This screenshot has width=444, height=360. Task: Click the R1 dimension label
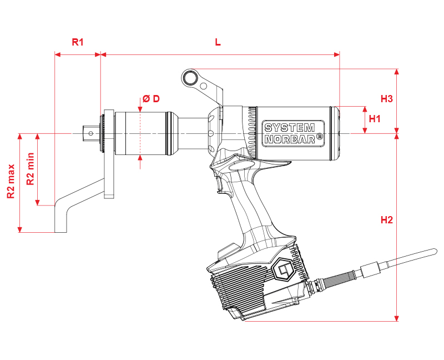(x=78, y=42)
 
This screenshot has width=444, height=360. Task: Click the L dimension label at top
(x=218, y=42)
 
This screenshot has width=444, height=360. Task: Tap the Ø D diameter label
(x=151, y=99)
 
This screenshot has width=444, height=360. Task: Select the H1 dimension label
(x=375, y=119)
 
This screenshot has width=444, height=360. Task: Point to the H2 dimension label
(x=387, y=220)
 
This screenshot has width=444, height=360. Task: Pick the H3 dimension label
(x=386, y=99)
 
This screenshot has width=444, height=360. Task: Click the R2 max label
(x=11, y=181)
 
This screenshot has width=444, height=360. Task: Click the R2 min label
(x=30, y=169)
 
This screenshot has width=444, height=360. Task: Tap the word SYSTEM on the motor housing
(x=289, y=128)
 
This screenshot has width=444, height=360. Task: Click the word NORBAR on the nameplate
(x=290, y=139)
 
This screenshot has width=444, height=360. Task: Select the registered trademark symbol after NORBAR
(x=320, y=136)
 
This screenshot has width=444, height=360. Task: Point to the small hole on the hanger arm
(x=204, y=86)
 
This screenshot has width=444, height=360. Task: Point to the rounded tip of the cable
(x=434, y=252)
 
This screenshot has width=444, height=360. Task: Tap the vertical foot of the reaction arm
(x=60, y=218)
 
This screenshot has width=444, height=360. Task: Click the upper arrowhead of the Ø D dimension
(x=140, y=109)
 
